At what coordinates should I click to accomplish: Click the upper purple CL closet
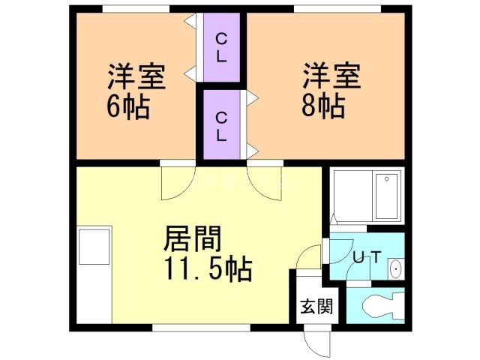point(221,46)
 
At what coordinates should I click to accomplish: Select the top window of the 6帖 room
point(136,9)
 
